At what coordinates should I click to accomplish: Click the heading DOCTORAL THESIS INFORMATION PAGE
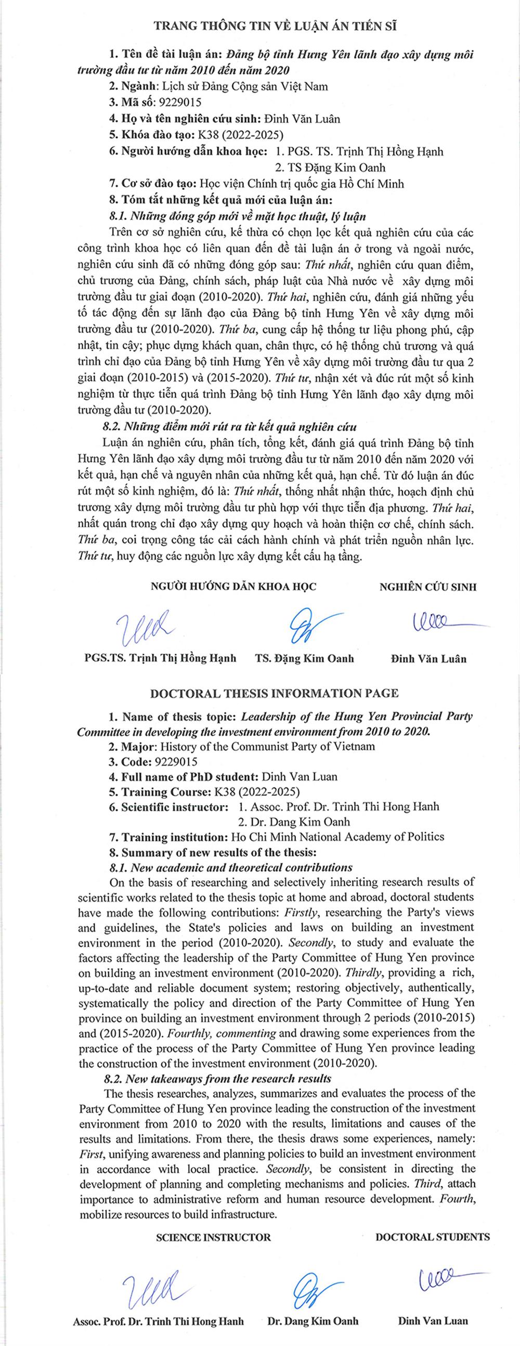coord(275,693)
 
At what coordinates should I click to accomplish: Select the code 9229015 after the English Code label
coord(173,761)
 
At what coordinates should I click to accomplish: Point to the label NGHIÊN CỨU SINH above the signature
coord(427,586)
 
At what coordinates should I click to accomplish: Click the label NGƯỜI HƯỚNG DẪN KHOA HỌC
coord(233,586)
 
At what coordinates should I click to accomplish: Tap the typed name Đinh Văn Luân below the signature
coord(428,658)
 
